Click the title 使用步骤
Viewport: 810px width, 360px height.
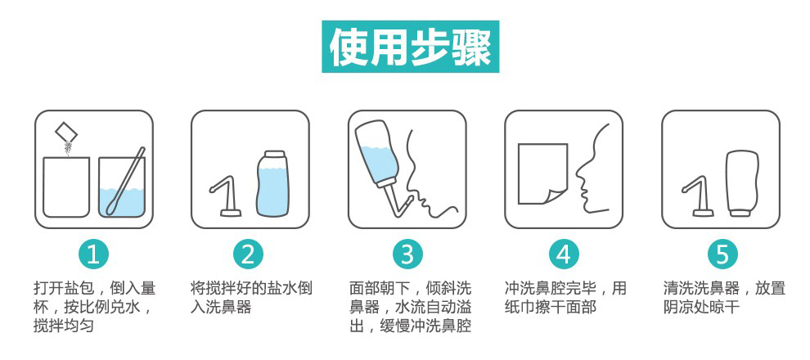(410, 47)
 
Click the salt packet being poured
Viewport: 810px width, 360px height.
(65, 132)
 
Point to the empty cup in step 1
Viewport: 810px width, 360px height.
(65, 187)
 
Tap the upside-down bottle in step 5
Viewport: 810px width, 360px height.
(742, 183)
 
